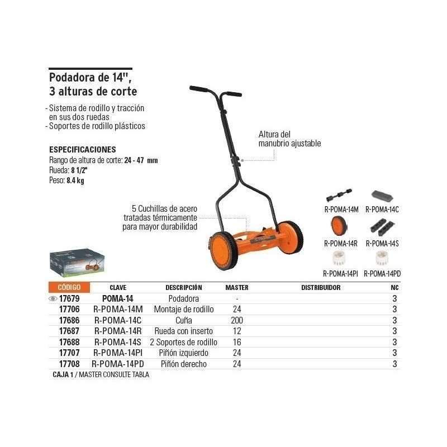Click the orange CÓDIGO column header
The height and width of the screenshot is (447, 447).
(69, 287)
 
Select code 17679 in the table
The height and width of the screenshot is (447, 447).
(69, 298)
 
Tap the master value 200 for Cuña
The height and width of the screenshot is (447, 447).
(237, 320)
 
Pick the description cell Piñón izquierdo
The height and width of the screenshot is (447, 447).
(184, 353)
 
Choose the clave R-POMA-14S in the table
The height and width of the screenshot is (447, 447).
(118, 342)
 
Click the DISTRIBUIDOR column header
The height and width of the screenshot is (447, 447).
(321, 287)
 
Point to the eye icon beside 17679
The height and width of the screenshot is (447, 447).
(53, 299)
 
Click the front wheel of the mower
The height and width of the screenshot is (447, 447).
(223, 250)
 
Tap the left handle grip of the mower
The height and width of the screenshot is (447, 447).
(199, 89)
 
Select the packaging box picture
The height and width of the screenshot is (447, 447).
(77, 263)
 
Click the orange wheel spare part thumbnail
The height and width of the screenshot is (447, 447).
(339, 225)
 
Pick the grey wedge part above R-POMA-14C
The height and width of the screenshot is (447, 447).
(382, 196)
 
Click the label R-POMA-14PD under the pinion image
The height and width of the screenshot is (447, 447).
(382, 274)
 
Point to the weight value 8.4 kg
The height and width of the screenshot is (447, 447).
(75, 180)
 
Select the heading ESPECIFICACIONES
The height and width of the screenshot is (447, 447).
(83, 150)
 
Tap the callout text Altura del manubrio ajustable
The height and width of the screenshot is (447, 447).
(289, 139)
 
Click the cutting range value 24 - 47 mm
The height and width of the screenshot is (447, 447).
(141, 160)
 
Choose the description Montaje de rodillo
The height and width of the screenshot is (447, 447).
(184, 310)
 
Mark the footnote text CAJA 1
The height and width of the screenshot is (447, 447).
(63, 374)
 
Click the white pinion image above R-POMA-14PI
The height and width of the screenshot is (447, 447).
(339, 258)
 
